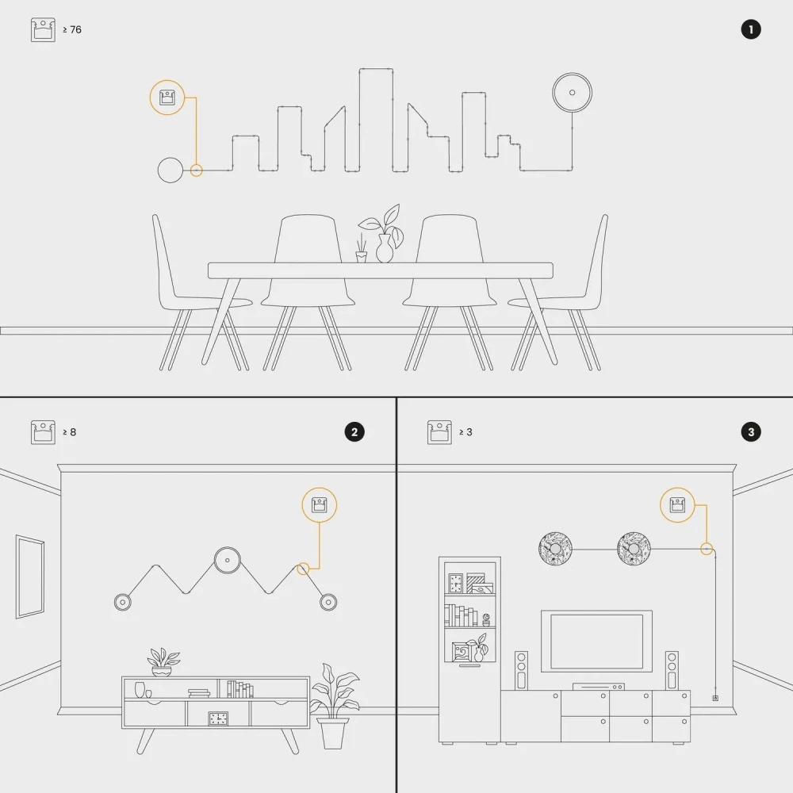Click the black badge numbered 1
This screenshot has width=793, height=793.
[x=750, y=30]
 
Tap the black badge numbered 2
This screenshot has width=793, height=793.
[x=354, y=432]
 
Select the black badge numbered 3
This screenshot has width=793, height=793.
[x=750, y=432]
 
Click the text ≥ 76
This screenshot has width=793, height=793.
[x=72, y=30]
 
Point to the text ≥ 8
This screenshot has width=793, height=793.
[x=69, y=432]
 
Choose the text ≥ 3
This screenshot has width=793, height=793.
[x=465, y=432]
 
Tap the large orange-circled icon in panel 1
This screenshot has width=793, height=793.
[x=167, y=97]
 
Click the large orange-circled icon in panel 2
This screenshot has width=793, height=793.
[x=319, y=504]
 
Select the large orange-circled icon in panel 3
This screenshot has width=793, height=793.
[x=677, y=504]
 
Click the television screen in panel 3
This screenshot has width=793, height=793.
[x=596, y=642]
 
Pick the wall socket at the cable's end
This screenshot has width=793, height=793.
[x=715, y=698]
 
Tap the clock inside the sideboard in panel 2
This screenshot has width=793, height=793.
[x=218, y=718]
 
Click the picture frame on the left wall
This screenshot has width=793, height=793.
[x=30, y=577]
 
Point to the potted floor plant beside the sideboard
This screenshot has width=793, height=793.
[x=334, y=707]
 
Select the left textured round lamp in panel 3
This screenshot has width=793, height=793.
[x=555, y=549]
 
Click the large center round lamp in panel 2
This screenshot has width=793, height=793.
[x=227, y=561]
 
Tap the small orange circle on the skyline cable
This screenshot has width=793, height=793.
[x=196, y=170]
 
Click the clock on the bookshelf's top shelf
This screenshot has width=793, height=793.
[x=455, y=583]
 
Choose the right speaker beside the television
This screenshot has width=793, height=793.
[x=672, y=670]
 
